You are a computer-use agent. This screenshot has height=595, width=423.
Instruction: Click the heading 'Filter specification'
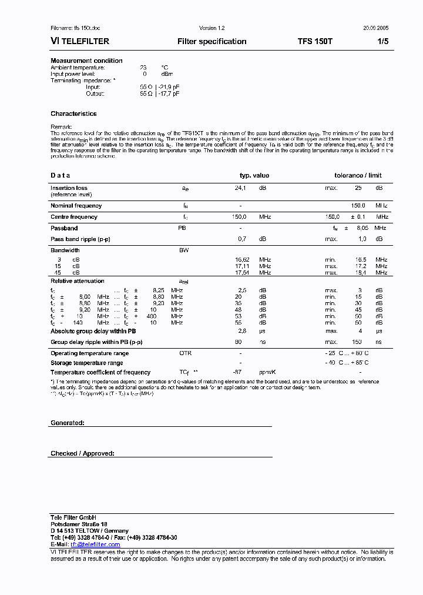pyautogui.click(x=211, y=42)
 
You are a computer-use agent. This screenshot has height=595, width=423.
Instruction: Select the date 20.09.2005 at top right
pyautogui.click(x=375, y=28)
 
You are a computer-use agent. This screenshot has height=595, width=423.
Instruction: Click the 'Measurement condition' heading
pyautogui.click(x=86, y=61)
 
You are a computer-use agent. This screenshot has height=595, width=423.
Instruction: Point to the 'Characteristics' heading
pyautogui.click(x=73, y=113)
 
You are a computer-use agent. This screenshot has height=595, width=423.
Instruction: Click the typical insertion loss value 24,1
pyautogui.click(x=240, y=188)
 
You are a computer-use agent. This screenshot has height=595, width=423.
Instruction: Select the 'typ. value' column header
pyautogui.click(x=254, y=175)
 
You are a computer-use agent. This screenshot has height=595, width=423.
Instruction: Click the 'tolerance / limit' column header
pyautogui.click(x=358, y=175)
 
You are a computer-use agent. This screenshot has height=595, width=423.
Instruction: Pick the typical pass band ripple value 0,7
pyautogui.click(x=241, y=239)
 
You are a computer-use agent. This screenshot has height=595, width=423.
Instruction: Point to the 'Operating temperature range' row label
pyautogui.click(x=89, y=353)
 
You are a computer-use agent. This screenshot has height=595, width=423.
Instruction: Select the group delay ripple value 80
pyautogui.click(x=239, y=342)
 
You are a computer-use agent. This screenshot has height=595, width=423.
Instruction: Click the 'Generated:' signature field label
pyautogui.click(x=68, y=423)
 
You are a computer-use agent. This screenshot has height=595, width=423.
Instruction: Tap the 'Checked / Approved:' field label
pyautogui.click(x=82, y=453)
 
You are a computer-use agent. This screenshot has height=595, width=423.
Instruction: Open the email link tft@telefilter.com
pyautogui.click(x=95, y=544)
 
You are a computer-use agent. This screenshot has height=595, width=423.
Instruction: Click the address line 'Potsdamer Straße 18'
pyautogui.click(x=79, y=524)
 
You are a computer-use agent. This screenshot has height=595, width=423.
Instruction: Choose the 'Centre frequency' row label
pyautogui.click(x=74, y=217)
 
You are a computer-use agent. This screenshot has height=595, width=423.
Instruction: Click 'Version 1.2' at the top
pyautogui.click(x=212, y=28)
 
